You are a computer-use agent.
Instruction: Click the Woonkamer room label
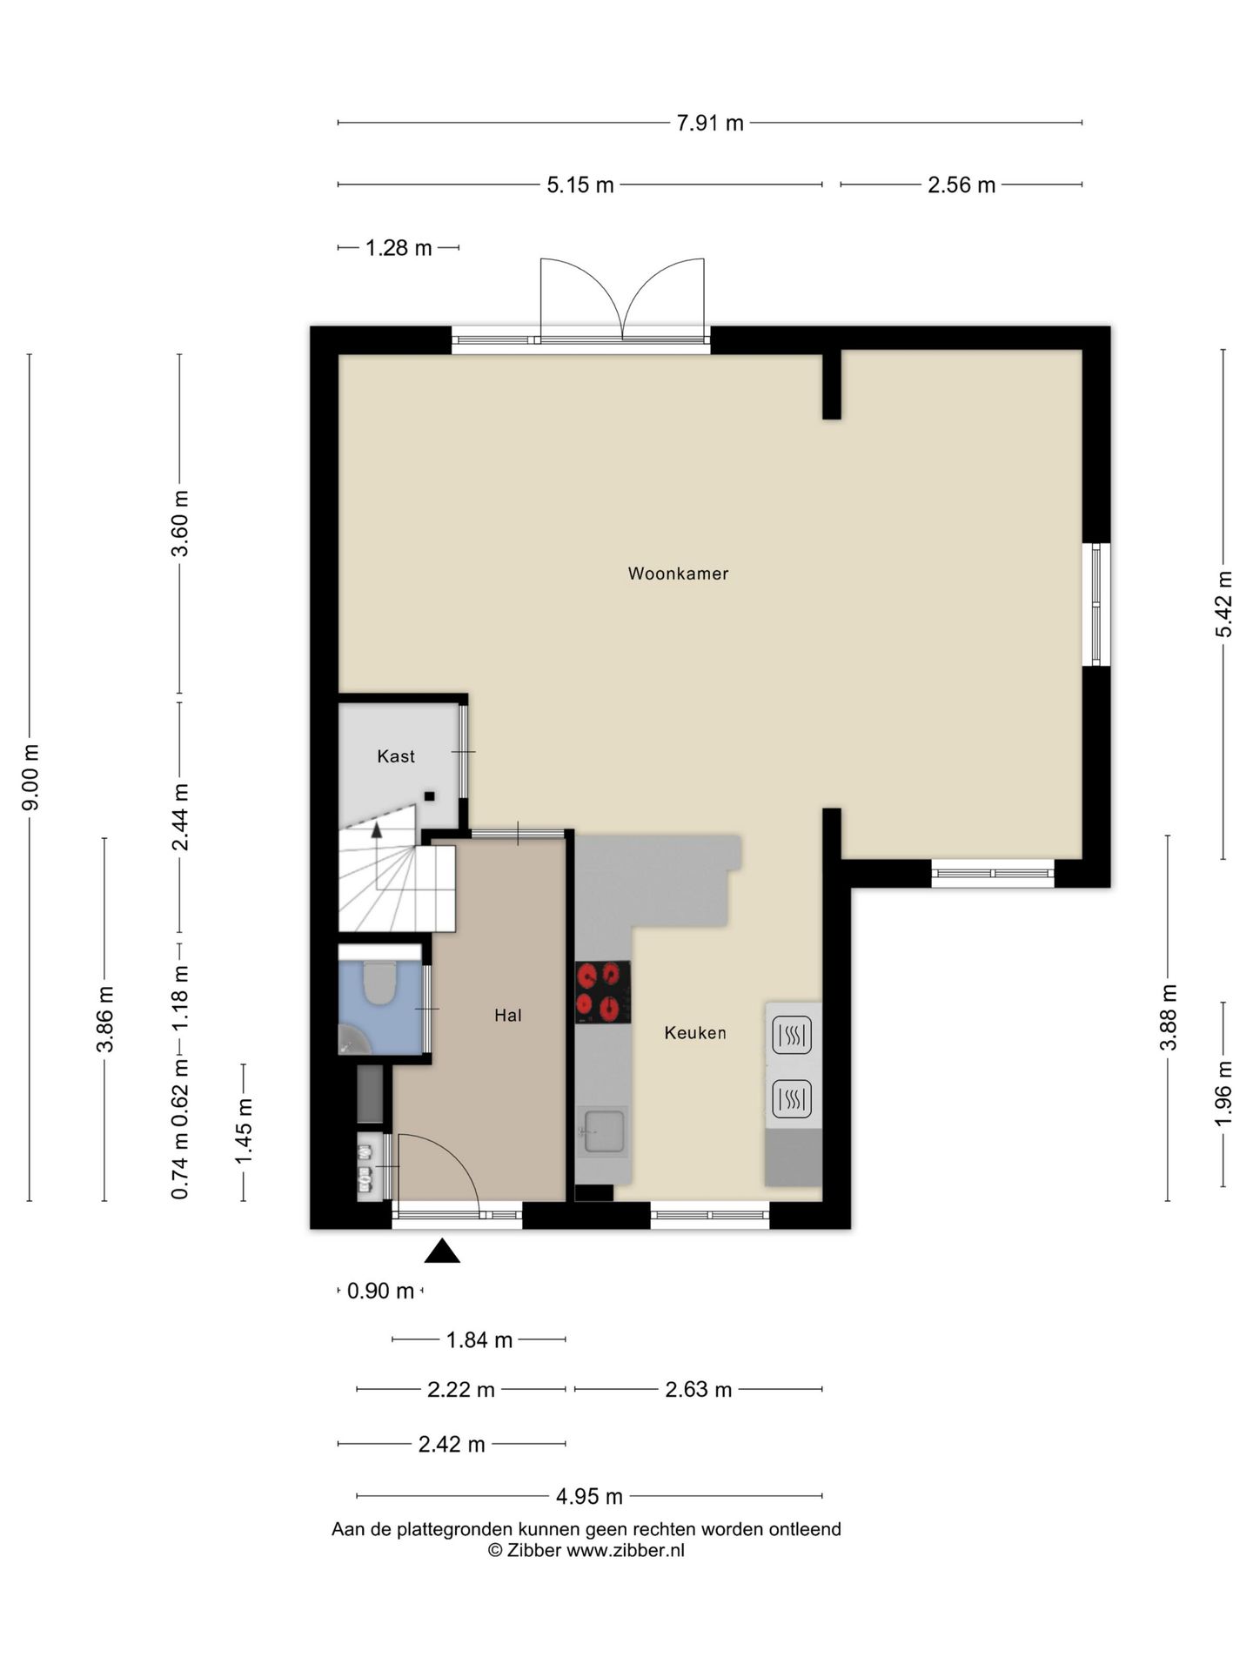(678, 574)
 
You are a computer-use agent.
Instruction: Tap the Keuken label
(695, 1033)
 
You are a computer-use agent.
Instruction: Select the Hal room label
(508, 1015)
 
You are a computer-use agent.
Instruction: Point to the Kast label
(396, 756)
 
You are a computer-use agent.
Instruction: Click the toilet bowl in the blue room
(379, 982)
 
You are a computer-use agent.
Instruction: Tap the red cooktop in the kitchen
(603, 991)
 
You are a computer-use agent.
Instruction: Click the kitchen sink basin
(604, 1131)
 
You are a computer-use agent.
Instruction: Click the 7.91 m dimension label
(710, 123)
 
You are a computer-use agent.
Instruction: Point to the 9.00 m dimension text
(30, 777)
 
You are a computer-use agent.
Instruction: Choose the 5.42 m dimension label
(1223, 604)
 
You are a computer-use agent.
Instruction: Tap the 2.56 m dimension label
(962, 185)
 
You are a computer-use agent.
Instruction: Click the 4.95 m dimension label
(589, 1496)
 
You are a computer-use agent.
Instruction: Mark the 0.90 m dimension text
(380, 1291)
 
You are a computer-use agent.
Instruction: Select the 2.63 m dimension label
(699, 1389)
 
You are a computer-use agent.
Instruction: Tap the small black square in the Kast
(429, 795)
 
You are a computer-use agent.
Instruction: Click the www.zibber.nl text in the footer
(626, 1550)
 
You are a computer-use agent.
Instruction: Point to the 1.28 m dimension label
(399, 248)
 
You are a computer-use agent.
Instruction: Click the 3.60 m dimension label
(180, 524)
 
